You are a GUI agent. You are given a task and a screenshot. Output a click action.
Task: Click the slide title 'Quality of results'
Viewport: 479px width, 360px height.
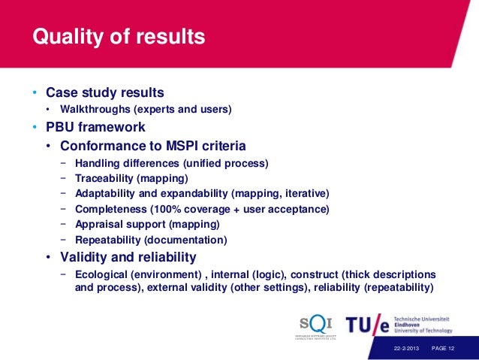[118, 36]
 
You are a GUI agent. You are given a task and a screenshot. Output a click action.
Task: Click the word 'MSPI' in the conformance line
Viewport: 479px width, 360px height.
[176, 145]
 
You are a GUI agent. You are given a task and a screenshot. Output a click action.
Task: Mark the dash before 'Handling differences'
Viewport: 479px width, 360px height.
[63, 162]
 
